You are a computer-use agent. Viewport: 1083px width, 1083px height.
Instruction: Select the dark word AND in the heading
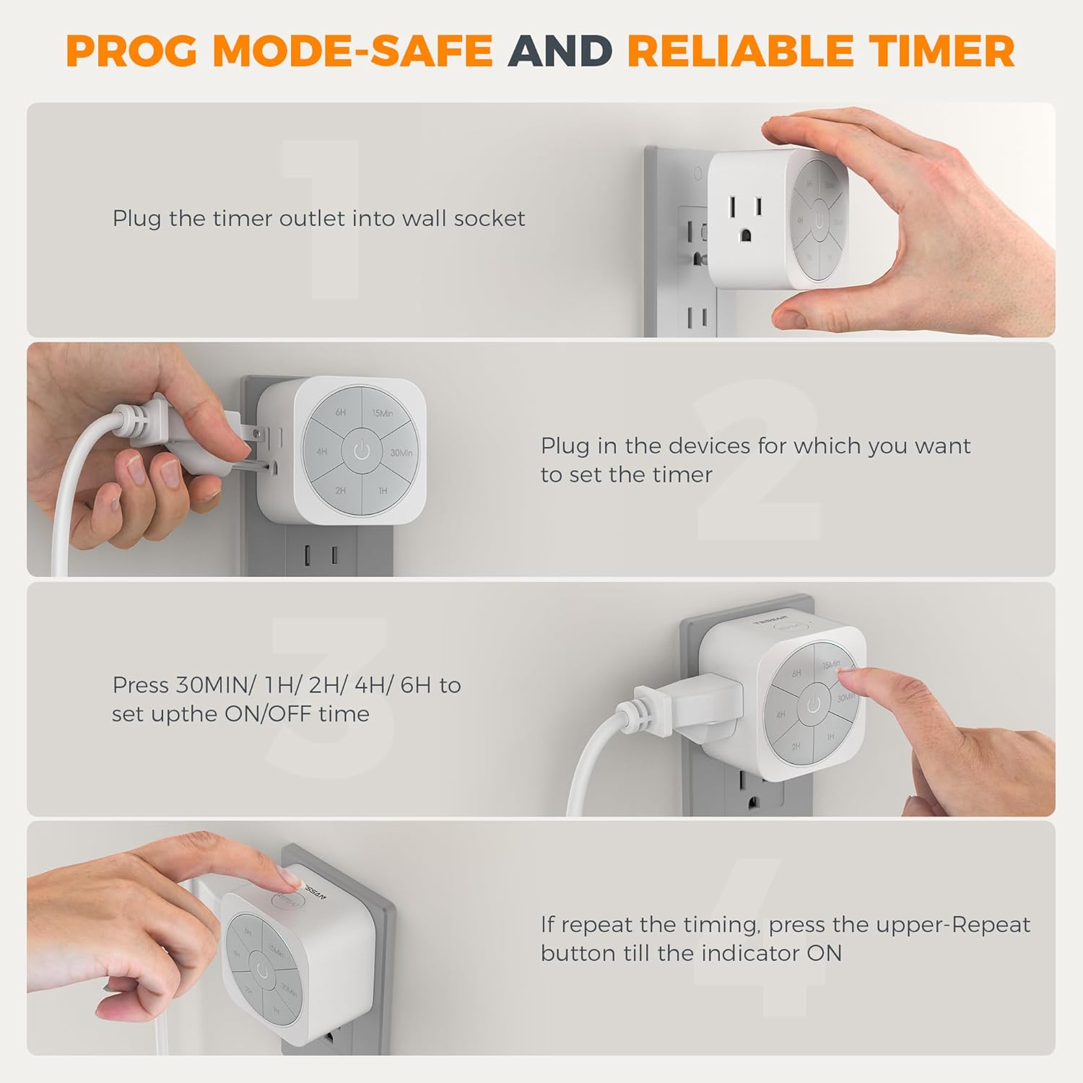(560, 51)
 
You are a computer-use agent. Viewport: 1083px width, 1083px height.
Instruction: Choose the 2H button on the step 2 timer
(340, 490)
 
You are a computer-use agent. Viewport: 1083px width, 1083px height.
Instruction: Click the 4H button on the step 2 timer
(322, 452)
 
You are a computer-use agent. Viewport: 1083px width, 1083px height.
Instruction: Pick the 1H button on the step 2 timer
(383, 490)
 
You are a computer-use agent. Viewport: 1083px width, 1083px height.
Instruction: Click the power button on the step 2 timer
(362, 452)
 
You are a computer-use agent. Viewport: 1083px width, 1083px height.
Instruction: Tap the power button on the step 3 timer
(814, 705)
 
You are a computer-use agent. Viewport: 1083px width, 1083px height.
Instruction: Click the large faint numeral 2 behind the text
(758, 462)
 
